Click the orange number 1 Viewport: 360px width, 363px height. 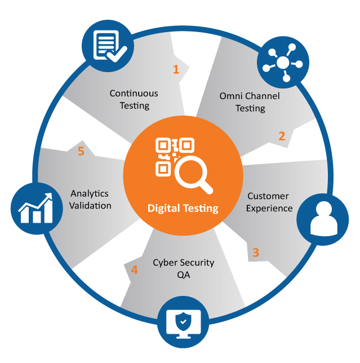click(x=176, y=69)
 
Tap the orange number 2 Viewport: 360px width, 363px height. click(x=282, y=136)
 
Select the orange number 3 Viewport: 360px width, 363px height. click(x=255, y=252)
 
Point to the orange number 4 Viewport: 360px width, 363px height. click(x=134, y=270)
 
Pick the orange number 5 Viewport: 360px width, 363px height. click(x=81, y=152)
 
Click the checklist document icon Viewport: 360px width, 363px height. click(x=108, y=46)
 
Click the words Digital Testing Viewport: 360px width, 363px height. click(x=183, y=208)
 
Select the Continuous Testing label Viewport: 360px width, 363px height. click(x=134, y=99)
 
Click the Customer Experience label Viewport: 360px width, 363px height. click(x=269, y=202)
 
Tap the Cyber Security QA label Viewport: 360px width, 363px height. click(x=176, y=268)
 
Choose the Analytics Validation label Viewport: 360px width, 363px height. click(x=90, y=200)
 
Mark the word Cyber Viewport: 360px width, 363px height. click(x=164, y=263)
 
